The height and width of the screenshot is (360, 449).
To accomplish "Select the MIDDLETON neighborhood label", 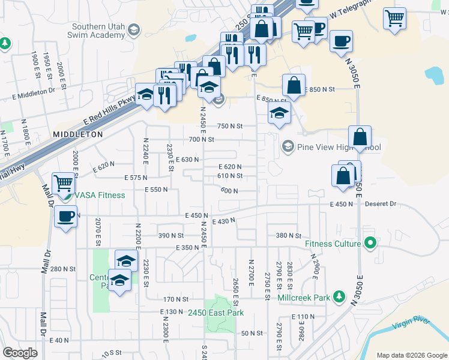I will (78, 135).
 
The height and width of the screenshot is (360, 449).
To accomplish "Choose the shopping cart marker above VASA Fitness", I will (62, 183).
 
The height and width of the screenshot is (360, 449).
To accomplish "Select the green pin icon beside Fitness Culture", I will (371, 244).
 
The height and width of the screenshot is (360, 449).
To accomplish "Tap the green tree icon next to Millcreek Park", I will (339, 296).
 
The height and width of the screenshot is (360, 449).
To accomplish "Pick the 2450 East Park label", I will (215, 313).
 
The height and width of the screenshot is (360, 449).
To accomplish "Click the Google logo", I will (20, 353).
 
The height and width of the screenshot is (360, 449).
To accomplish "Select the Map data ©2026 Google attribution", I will (412, 355).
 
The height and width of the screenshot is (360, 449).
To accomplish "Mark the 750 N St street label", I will (229, 126).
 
